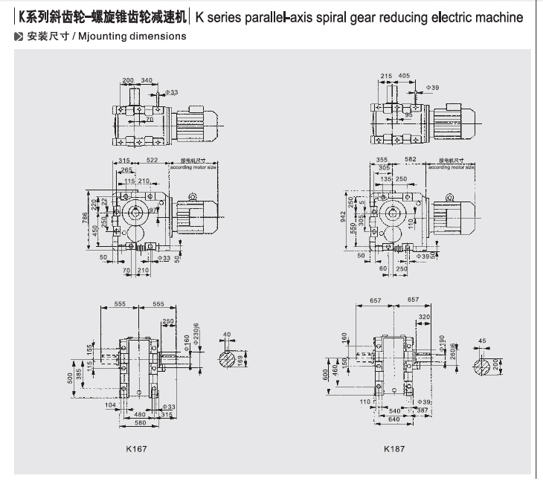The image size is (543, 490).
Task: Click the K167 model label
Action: (136, 448)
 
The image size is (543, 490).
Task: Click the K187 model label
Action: (394, 448)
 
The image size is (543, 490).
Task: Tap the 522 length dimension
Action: (153, 161)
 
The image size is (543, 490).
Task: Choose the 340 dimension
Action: (147, 80)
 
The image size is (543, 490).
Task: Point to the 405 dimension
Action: (404, 76)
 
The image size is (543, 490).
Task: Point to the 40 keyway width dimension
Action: (228, 335)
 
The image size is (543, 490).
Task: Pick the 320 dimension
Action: (424, 316)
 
